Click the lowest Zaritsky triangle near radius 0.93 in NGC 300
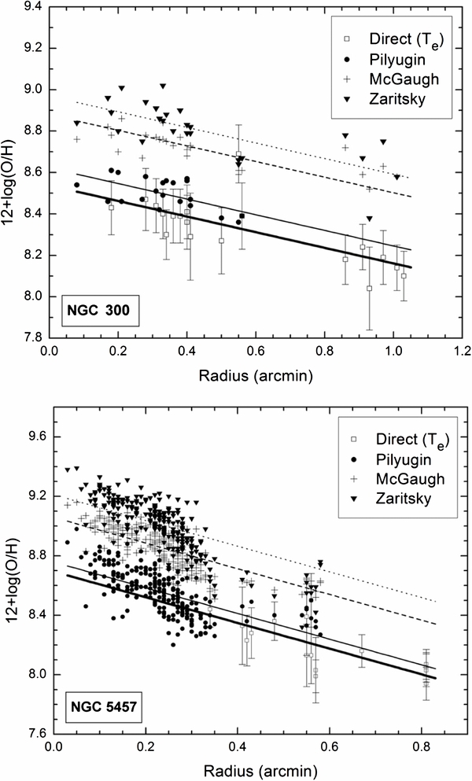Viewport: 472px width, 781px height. pos(369,219)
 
